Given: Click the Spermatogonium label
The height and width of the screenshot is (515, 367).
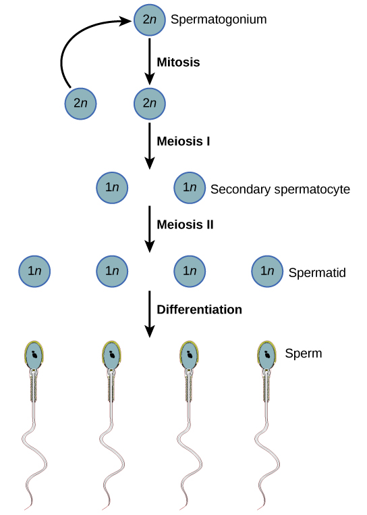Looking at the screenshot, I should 219,20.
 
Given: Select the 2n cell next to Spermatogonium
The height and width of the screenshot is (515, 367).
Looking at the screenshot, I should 149,19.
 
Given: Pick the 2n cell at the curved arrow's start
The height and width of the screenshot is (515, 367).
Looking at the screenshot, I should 80,104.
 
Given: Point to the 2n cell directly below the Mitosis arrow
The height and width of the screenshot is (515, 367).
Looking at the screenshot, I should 149,104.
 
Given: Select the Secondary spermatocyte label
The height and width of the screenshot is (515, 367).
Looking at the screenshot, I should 280,189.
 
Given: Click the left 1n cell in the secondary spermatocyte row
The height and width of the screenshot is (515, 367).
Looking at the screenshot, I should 113,188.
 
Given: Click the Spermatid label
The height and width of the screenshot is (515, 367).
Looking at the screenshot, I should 316,273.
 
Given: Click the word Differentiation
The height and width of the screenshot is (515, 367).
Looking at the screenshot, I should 199,310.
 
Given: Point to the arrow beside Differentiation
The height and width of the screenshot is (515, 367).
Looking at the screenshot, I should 149,314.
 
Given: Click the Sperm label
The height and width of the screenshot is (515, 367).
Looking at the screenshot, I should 303,353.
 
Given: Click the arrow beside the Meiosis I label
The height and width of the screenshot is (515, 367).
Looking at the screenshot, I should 149,146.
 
